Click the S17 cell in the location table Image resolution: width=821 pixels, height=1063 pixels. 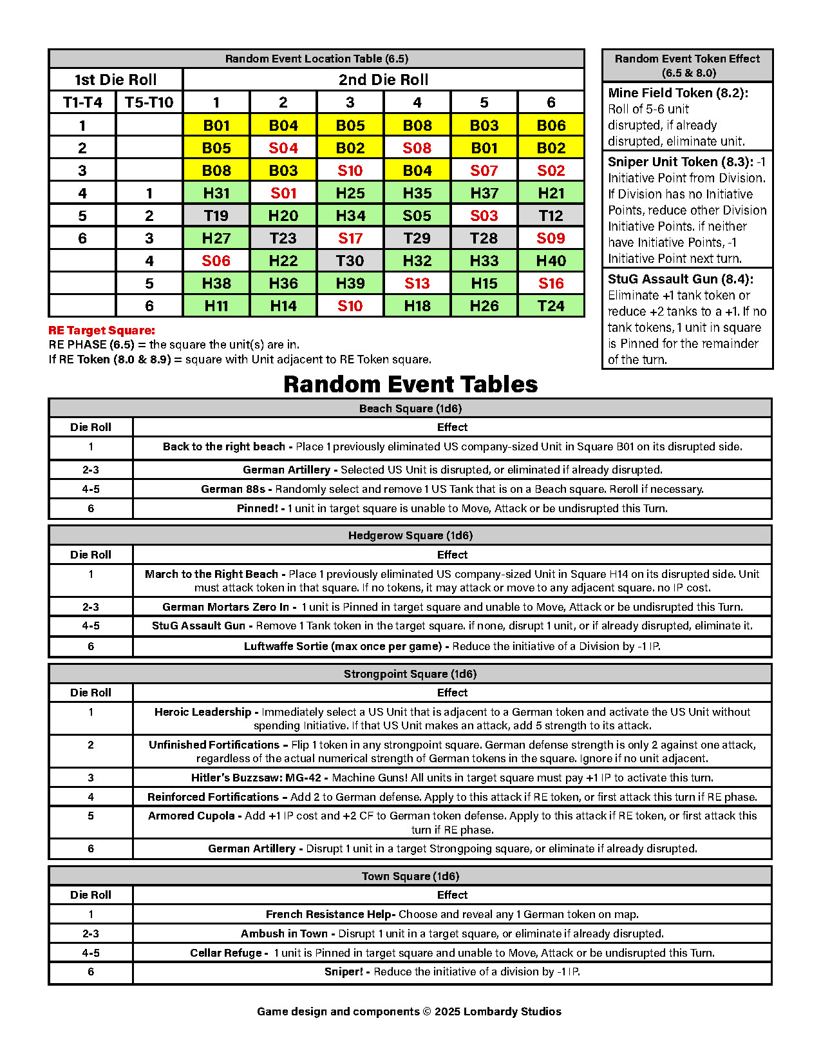[x=350, y=238]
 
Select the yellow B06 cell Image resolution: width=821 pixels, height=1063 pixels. [x=551, y=126]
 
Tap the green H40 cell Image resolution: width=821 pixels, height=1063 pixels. [x=551, y=261]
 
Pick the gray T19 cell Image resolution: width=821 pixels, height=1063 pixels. [x=216, y=216]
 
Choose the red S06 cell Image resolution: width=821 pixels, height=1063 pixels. [x=216, y=261]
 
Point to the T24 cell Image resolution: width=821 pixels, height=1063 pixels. [x=551, y=306]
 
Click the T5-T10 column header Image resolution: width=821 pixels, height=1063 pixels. [x=149, y=102]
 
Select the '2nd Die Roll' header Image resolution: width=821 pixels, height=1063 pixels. [x=384, y=80]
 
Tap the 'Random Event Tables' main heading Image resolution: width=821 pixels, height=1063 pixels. [x=410, y=384]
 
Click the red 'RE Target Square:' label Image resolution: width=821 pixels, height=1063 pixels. [x=102, y=330]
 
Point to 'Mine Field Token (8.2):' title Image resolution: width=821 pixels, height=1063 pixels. [x=678, y=93]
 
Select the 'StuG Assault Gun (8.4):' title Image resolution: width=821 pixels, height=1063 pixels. [x=681, y=279]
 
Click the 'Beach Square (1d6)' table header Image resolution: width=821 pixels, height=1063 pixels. [x=410, y=408]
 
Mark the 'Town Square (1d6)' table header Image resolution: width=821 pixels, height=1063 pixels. [x=410, y=876]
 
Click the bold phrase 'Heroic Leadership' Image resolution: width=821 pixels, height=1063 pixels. [x=203, y=712]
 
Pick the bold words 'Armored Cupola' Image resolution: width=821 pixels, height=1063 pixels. [x=191, y=816]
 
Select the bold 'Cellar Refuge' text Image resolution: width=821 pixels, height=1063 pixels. [x=226, y=953]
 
